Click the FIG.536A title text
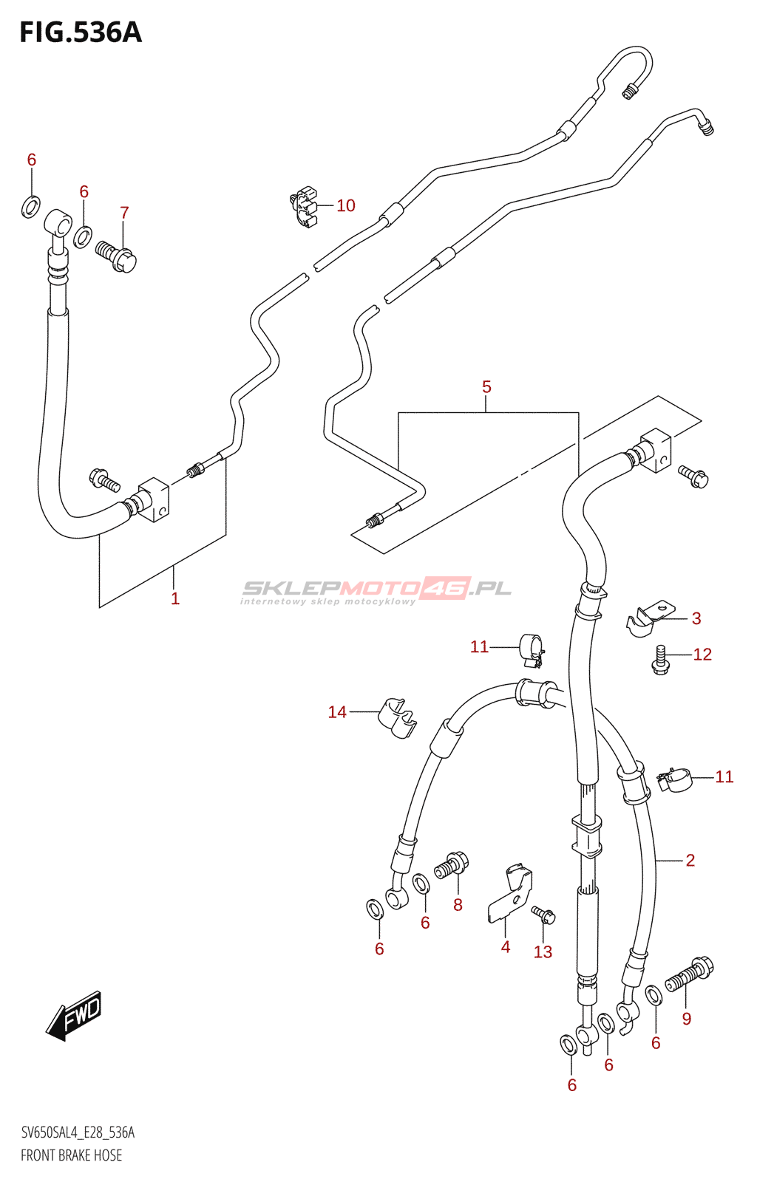[x=81, y=33]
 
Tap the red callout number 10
[x=346, y=205]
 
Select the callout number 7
[x=124, y=213]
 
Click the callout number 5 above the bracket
[x=486, y=387]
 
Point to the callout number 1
[x=175, y=598]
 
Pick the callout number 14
[x=337, y=712]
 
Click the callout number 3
[x=696, y=618]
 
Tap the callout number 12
[x=702, y=655]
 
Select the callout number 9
[x=686, y=1019]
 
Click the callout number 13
[x=543, y=952]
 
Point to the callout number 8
[x=458, y=905]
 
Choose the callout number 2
[x=690, y=860]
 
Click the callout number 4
[x=505, y=946]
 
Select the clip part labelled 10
[x=304, y=207]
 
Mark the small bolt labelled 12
[x=660, y=660]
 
